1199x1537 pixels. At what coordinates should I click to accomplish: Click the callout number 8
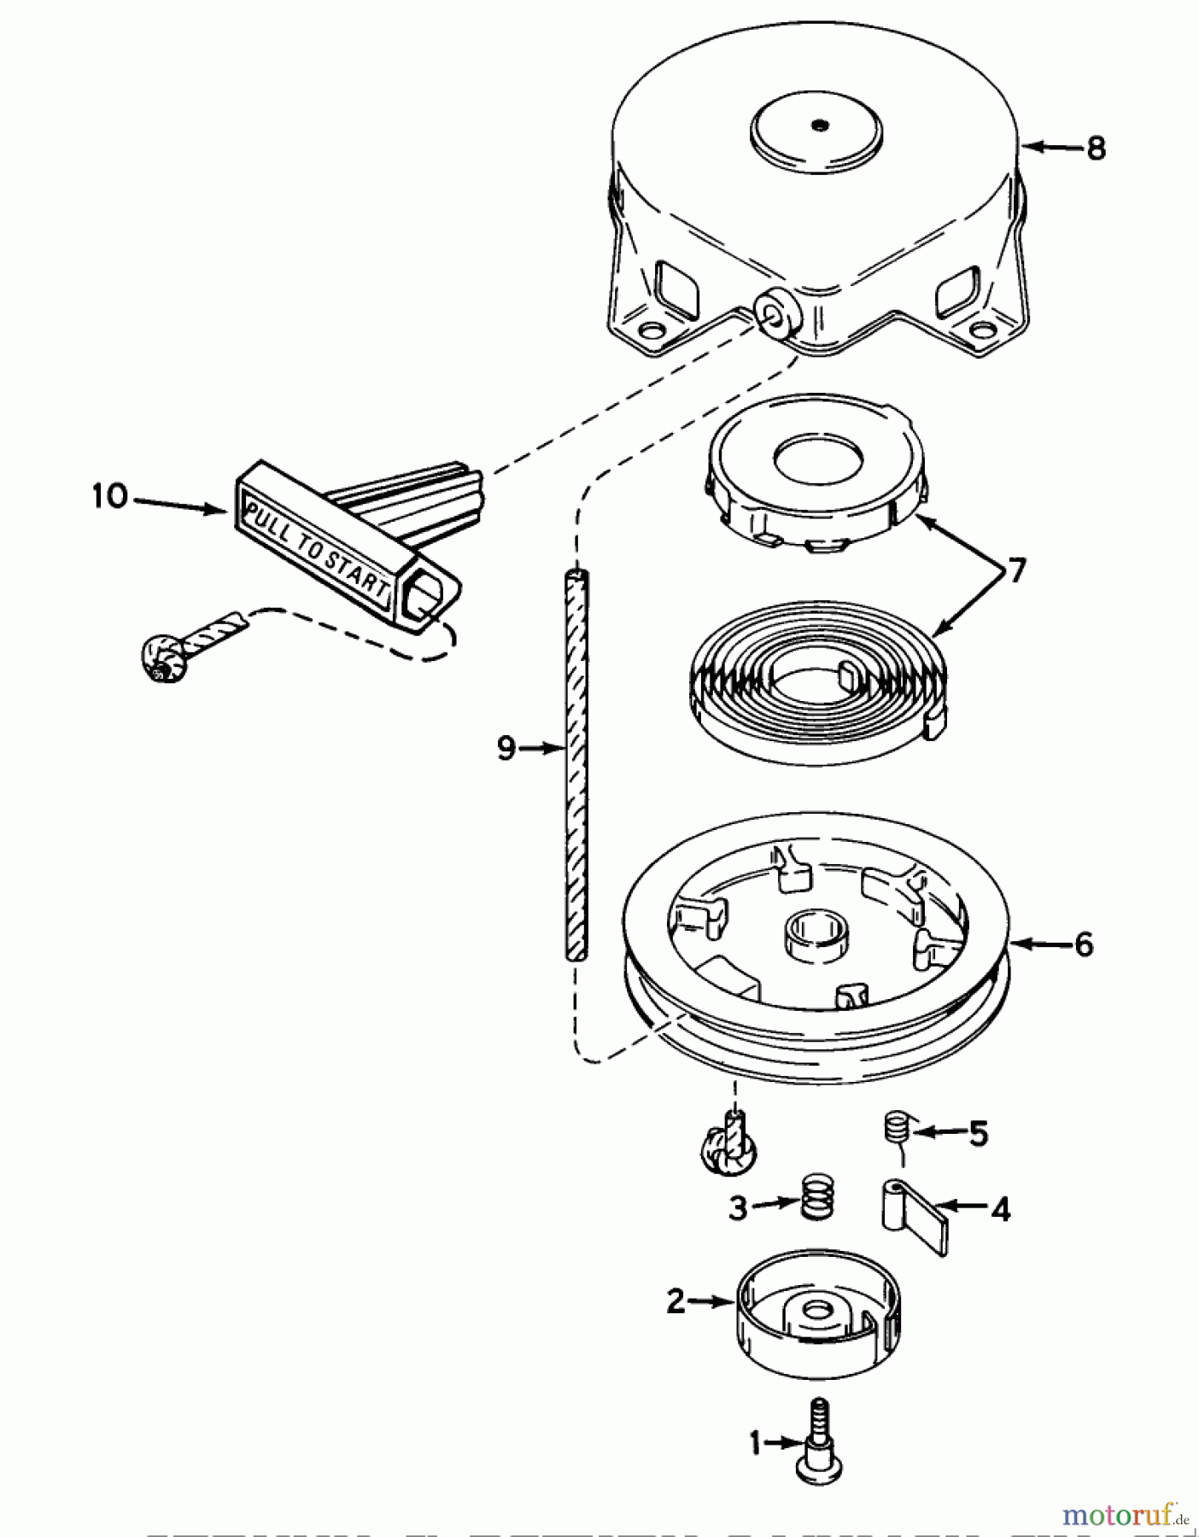1096,149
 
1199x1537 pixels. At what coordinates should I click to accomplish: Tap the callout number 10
109,496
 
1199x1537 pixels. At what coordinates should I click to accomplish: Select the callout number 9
506,749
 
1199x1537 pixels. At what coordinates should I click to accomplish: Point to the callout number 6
1083,944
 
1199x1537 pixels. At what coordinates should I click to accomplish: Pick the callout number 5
978,1134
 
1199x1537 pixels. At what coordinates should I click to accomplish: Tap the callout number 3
738,1207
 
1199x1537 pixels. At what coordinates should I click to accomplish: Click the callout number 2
676,1302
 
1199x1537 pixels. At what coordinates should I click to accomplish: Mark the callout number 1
755,1444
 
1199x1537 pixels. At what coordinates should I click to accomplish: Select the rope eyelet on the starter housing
776,316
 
